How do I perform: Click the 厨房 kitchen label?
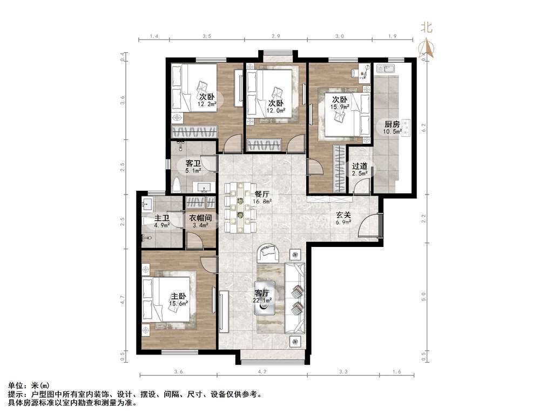click(x=392, y=124)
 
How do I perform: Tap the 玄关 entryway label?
click(x=343, y=215)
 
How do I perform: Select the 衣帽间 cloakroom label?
click(x=200, y=218)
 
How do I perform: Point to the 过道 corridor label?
click(x=360, y=166)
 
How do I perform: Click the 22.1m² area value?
click(x=262, y=300)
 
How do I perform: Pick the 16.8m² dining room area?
click(x=262, y=202)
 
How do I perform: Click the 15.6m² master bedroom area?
click(x=178, y=303)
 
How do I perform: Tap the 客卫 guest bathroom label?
click(x=193, y=163)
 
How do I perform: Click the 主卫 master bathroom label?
click(x=162, y=218)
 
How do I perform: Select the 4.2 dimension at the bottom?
click(x=262, y=372)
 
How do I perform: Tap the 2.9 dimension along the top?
click(x=276, y=36)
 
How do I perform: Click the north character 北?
click(x=427, y=27)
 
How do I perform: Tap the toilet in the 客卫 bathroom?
click(x=177, y=185)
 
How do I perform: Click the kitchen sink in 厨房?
click(x=385, y=69)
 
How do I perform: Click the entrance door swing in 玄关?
click(x=368, y=226)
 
